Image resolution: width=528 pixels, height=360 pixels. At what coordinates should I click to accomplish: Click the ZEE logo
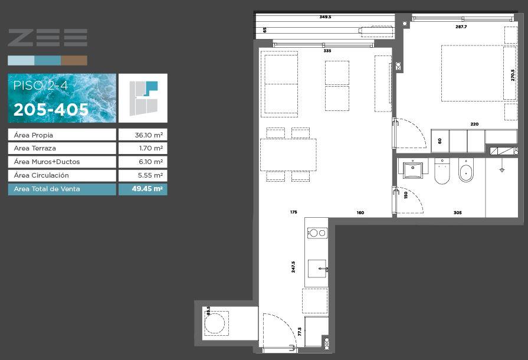[x=47, y=37]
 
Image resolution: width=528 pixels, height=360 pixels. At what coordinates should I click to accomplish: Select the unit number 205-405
[x=51, y=109]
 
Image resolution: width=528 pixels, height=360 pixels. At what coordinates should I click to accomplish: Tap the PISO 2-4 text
[x=40, y=86]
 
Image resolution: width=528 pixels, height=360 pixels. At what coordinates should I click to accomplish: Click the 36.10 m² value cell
[x=143, y=135]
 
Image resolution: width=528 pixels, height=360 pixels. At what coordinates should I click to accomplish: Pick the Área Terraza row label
[x=35, y=148]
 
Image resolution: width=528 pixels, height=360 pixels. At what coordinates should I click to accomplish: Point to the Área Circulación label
[x=41, y=175]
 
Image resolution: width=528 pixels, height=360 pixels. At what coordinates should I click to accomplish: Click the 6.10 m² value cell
[x=143, y=162]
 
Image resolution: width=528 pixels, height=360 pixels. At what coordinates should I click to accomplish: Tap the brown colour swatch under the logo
[x=74, y=61]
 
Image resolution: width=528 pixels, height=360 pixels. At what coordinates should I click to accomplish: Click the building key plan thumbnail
[x=143, y=98]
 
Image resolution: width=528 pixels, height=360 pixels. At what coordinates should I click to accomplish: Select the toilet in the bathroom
[x=442, y=171]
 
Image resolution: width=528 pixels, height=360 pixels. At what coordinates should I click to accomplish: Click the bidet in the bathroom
[x=466, y=170]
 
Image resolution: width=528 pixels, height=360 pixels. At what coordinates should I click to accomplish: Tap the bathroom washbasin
[x=412, y=169]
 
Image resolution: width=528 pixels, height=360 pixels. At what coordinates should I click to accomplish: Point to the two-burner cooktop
[x=317, y=233]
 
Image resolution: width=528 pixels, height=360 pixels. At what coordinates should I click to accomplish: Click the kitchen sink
[x=317, y=269]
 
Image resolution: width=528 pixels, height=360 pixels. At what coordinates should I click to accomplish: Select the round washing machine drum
[x=215, y=323]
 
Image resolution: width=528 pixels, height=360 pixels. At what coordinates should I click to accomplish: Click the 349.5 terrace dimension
[x=325, y=17]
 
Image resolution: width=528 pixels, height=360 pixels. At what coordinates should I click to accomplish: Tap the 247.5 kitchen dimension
[x=293, y=267]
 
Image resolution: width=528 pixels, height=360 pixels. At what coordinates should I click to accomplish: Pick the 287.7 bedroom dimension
[x=461, y=27]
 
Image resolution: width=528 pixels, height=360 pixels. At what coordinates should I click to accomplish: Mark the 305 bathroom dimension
[x=457, y=212]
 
